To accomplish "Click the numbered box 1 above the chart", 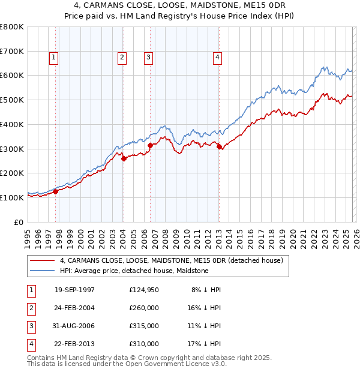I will click(x=54, y=58).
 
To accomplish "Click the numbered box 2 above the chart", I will click(x=122, y=58).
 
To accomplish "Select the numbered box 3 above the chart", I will click(x=148, y=58).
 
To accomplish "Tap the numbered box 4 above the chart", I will click(x=217, y=58).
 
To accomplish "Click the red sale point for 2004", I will click(x=124, y=159).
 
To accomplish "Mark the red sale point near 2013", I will click(x=219, y=146).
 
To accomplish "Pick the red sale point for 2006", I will click(x=150, y=145).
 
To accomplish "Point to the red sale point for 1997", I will click(x=55, y=191).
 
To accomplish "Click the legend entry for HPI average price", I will click(x=134, y=271).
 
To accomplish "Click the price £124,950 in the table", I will click(x=143, y=290).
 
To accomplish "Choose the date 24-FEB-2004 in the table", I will click(x=74, y=308).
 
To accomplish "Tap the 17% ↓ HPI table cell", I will click(x=203, y=344).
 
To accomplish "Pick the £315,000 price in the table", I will click(x=143, y=326).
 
